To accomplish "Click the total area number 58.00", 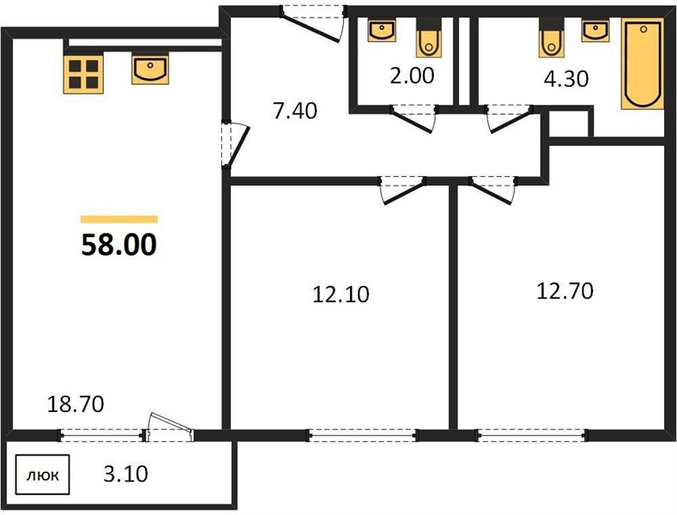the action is (118, 245).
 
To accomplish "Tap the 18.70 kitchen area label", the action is (76, 404).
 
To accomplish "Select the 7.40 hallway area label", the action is (295, 111).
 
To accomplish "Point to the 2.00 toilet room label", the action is (412, 76).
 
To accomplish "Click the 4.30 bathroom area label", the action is (566, 79).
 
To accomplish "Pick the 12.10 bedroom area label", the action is (341, 294).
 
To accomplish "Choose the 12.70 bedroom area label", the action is (565, 291).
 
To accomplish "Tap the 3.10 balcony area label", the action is (125, 474).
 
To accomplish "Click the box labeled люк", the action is (43, 475).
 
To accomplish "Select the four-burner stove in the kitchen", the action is (83, 75).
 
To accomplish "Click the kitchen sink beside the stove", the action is (150, 70).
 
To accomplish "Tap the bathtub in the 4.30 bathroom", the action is (643, 64).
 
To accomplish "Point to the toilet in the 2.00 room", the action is (429, 38).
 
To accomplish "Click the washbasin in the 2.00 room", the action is (382, 30).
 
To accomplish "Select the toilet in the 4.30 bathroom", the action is (552, 38).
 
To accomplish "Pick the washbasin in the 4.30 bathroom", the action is (595, 30).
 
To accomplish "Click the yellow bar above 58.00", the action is (119, 219).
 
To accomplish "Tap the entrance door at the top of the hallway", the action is (312, 22).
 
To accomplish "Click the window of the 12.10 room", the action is (362, 435).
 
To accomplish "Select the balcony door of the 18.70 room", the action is (169, 428).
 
